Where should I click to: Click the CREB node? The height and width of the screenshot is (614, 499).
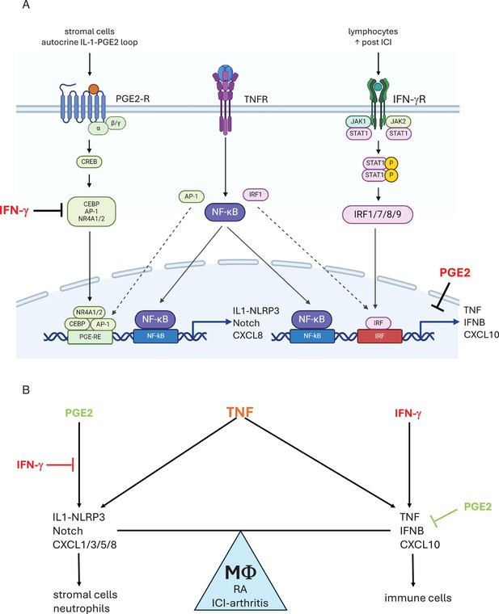coord(90,162)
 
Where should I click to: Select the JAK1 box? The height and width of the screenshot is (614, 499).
coord(358,122)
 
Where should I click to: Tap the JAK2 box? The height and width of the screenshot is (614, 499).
coord(398,122)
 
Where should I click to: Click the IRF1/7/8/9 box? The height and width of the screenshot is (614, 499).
coord(378,214)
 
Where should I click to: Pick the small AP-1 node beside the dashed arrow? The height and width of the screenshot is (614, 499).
coord(192,196)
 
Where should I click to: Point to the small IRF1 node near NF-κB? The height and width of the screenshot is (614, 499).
coord(256,194)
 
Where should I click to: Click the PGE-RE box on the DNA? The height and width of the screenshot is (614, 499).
coord(90,337)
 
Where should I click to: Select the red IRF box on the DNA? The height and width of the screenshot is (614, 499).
coord(379,336)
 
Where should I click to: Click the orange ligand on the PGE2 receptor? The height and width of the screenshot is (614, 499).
coord(93,90)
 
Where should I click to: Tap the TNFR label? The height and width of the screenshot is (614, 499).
coord(256,99)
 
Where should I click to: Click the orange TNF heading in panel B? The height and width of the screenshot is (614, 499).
coord(240,412)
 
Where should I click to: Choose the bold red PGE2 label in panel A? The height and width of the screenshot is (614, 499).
coord(455,272)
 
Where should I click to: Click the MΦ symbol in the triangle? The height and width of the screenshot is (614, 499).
coord(241,572)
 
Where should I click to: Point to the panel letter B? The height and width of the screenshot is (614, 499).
coord(26,390)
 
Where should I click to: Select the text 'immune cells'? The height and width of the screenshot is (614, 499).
coord(418,598)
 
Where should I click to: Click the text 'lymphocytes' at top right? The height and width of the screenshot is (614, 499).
coord(373,32)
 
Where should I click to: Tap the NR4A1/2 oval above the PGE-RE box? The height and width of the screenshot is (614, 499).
coord(89,313)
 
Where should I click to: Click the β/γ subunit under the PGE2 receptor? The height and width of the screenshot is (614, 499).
coord(116,124)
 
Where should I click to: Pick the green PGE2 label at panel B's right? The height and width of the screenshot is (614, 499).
coord(477,507)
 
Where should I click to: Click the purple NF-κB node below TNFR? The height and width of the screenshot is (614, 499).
coord(225,212)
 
